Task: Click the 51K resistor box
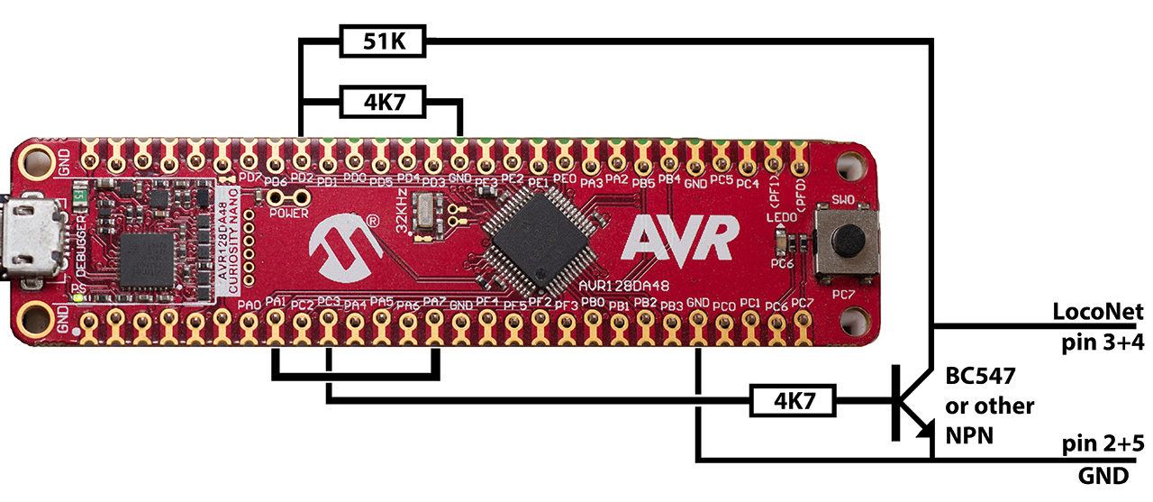(x=384, y=41)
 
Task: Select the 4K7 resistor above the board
(x=384, y=104)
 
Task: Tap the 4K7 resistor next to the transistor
(x=793, y=398)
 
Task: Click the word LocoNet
(x=1097, y=312)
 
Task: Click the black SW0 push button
(x=846, y=240)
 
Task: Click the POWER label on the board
(x=288, y=214)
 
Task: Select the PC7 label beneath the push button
(x=843, y=295)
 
